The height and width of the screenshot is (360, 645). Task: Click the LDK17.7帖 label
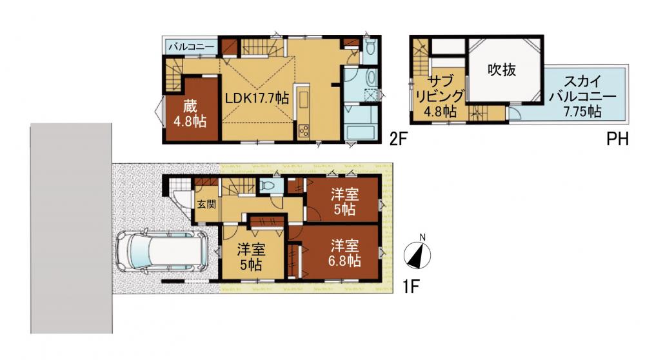pyautogui.click(x=256, y=98)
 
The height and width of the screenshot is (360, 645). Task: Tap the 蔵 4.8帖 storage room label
pyautogui.click(x=190, y=114)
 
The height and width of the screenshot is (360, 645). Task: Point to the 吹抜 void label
pyautogui.click(x=502, y=70)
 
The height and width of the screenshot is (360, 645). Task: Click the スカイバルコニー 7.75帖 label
pyautogui.click(x=583, y=96)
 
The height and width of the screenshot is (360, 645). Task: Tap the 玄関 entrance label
pyautogui.click(x=206, y=204)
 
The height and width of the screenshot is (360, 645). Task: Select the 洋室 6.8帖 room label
pyautogui.click(x=344, y=253)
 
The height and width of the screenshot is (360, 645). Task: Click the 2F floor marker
pyautogui.click(x=398, y=140)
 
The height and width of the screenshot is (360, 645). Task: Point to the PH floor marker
pyautogui.click(x=617, y=140)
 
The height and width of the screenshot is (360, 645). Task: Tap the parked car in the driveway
pyautogui.click(x=162, y=252)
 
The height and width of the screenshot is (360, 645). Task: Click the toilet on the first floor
pyautogui.click(x=268, y=186)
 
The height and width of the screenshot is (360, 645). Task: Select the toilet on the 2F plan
pyautogui.click(x=370, y=49)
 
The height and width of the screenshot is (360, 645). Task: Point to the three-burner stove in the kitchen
pyautogui.click(x=304, y=131)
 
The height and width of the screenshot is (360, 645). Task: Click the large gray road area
pyautogui.click(x=71, y=228)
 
